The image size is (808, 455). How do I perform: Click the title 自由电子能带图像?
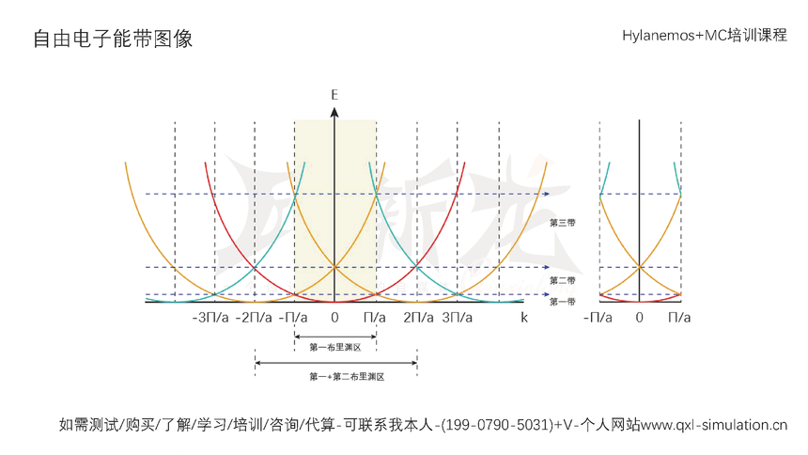point(113,39)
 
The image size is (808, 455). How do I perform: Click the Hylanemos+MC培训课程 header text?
point(705,36)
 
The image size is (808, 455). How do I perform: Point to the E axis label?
point(334,95)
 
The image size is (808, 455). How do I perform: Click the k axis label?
point(524,318)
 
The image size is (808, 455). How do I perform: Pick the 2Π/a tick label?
point(419,318)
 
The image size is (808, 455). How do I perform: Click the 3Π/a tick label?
point(458,318)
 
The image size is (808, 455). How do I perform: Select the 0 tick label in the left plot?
point(334,318)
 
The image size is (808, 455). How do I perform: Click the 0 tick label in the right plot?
point(639,318)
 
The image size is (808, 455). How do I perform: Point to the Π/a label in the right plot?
point(679,318)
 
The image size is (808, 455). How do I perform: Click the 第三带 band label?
point(562,223)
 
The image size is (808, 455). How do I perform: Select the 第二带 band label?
point(562,280)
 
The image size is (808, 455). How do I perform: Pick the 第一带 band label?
point(562,301)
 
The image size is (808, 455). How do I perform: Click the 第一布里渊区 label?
point(335,348)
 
